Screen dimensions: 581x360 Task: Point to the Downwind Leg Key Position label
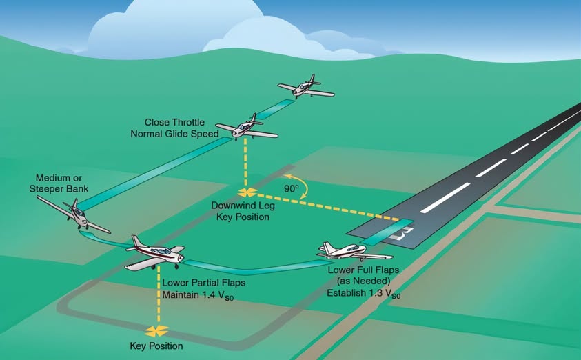click(x=241, y=211)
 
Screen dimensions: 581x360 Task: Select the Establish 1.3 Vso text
click(x=364, y=292)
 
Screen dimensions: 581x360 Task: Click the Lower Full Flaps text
click(x=363, y=270)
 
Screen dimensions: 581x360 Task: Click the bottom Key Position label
click(x=156, y=346)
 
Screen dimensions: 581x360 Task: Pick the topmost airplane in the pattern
click(x=305, y=88)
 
